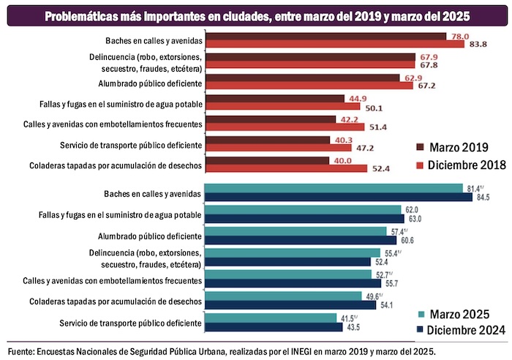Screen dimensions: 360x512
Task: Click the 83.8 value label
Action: tap(479, 44)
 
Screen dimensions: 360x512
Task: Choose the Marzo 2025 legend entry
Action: tap(454, 314)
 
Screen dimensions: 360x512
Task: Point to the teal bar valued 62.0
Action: tap(303, 209)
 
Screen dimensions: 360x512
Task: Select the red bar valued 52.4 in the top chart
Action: tap(286, 169)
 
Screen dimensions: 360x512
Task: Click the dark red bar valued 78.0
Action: tap(325, 36)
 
